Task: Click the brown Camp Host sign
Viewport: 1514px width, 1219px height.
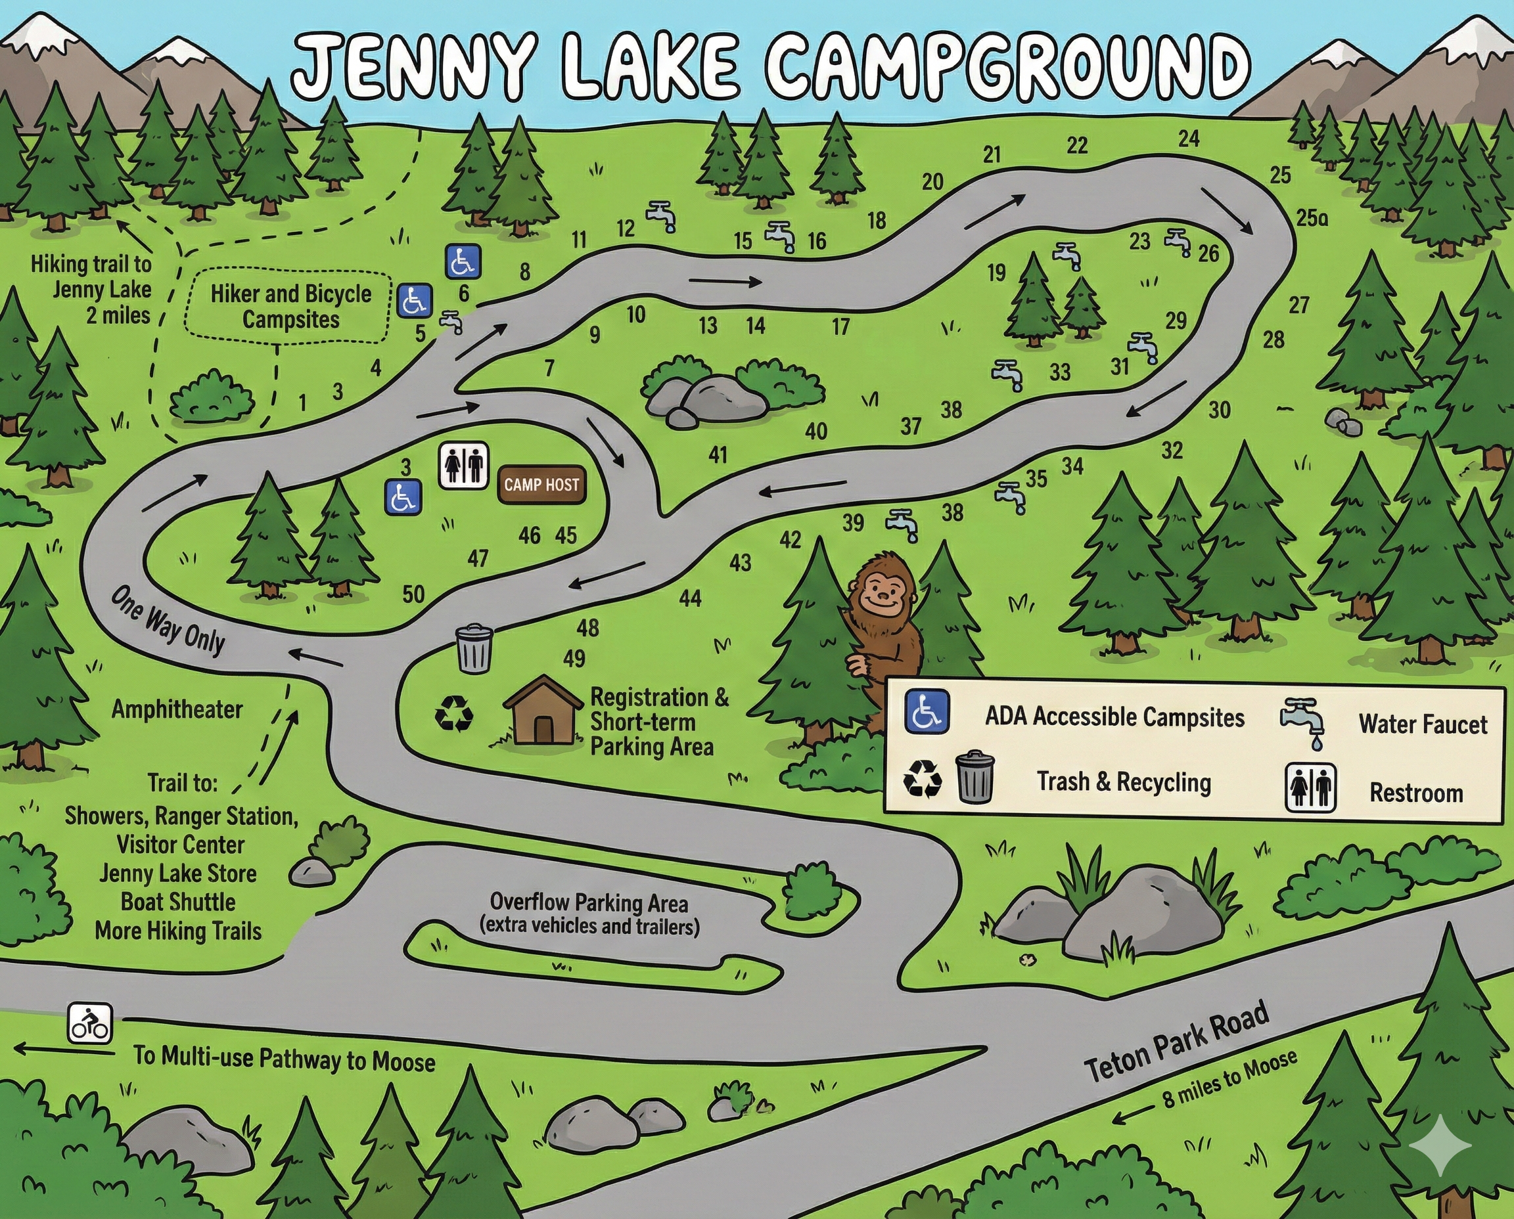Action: pos(541,485)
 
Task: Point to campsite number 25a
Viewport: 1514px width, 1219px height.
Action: pos(1312,218)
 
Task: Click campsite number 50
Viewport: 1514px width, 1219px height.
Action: pos(413,595)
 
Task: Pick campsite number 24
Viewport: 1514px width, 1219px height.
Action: pos(1189,139)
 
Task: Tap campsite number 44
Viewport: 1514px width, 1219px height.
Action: pos(690,598)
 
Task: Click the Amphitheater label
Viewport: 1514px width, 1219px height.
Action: pos(177,709)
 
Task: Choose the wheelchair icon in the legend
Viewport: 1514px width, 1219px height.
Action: pos(927,711)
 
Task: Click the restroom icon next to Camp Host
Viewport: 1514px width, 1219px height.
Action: pos(464,464)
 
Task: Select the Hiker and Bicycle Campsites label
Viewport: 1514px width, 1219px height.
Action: pos(291,306)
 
